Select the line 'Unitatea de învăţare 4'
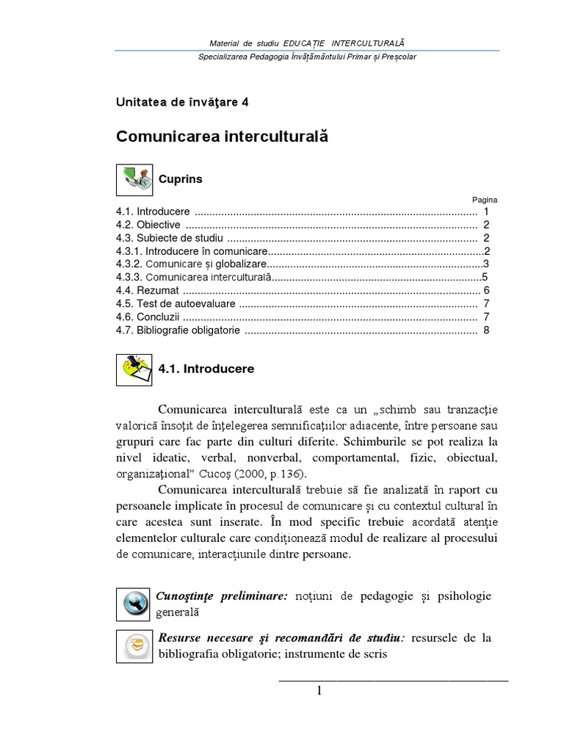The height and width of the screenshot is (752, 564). pos(182,102)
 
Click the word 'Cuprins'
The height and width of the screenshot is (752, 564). pos(181,179)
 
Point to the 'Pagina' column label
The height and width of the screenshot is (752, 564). pos(485,199)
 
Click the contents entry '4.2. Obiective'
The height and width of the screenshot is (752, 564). pos(148,225)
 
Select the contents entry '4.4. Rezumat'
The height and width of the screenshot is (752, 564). pos(147,291)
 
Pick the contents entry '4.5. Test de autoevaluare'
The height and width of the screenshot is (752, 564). pos(176,304)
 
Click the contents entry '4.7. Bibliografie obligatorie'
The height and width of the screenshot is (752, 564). pos(178,330)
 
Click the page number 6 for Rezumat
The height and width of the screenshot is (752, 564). pos(486,291)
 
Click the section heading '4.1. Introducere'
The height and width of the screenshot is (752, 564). pos(206,369)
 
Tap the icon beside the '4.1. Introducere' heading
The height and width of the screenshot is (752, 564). pos(134,369)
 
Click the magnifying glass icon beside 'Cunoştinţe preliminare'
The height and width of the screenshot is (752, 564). pos(134,604)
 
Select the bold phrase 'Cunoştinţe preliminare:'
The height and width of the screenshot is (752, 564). pos(221,596)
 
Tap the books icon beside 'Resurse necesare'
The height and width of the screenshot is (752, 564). pos(134,646)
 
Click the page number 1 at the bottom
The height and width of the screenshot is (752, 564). pos(319,690)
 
